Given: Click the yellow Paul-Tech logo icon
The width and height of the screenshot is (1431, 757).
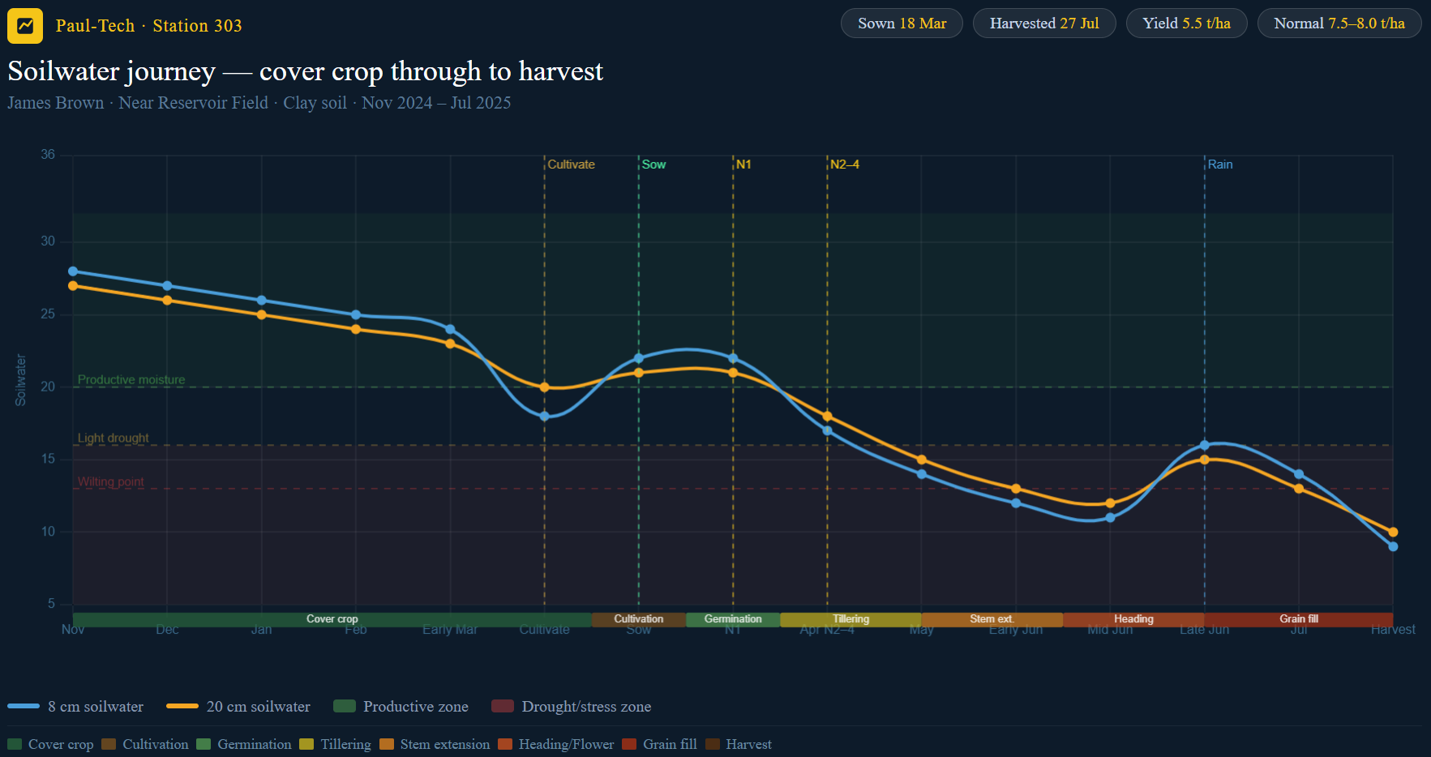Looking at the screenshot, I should point(25,25).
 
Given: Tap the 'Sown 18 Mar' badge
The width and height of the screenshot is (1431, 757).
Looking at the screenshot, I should point(902,24).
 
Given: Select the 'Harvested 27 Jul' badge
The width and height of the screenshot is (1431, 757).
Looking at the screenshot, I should point(1043,24).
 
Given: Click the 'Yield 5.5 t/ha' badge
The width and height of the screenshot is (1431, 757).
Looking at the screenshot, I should point(1186,24).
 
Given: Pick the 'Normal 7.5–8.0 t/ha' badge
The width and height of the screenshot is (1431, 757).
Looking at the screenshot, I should point(1339,24).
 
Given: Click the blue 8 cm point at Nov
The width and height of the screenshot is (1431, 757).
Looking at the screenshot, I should point(73,272).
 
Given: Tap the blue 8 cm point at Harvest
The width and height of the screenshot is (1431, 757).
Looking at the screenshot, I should point(1393,546).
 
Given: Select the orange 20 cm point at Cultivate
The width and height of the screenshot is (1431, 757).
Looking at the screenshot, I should point(545,387).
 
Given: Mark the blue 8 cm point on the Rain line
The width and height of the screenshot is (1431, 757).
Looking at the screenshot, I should point(1205,445).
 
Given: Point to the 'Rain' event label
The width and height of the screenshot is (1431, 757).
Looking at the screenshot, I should point(1220,165).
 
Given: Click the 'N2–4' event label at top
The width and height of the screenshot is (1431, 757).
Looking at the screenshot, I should point(844,165).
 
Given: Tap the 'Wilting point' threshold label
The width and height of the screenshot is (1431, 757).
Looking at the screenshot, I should point(111,481).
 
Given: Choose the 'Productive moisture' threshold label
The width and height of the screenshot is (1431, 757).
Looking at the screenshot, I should point(131,379).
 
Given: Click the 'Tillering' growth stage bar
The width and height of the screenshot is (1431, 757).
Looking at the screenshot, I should point(850,619).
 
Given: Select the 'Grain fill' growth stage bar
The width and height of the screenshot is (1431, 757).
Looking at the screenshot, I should point(1299,619).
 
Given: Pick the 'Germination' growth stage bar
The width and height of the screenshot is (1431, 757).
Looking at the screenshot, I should point(733,619).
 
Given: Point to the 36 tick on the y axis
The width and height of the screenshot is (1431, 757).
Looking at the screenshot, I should point(48,155).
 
